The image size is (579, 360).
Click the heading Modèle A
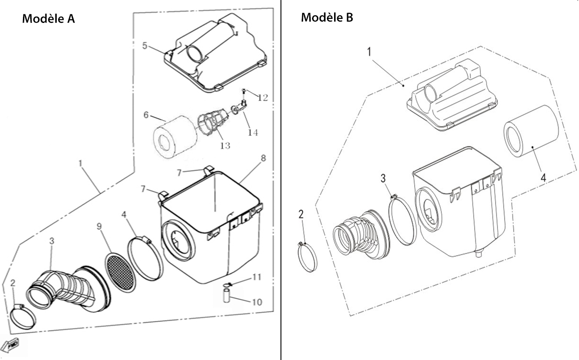48,19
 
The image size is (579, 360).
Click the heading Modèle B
327,18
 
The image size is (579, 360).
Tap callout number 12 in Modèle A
262,98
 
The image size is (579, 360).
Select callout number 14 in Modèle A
253,133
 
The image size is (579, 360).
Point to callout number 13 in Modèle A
225,146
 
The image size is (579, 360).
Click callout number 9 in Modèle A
99,226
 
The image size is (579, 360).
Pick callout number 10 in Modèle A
257,302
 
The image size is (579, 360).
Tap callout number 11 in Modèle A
257,277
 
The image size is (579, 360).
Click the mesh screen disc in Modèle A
120,273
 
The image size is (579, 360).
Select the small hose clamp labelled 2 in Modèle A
23,317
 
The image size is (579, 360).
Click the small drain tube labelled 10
226,296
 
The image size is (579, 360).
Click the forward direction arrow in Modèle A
10,345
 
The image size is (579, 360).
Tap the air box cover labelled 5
215,53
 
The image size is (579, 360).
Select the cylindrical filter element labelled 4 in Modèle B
531,131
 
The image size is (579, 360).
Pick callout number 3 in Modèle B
383,178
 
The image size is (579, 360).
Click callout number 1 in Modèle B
369,52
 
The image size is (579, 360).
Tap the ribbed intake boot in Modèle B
361,234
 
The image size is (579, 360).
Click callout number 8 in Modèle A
263,158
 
